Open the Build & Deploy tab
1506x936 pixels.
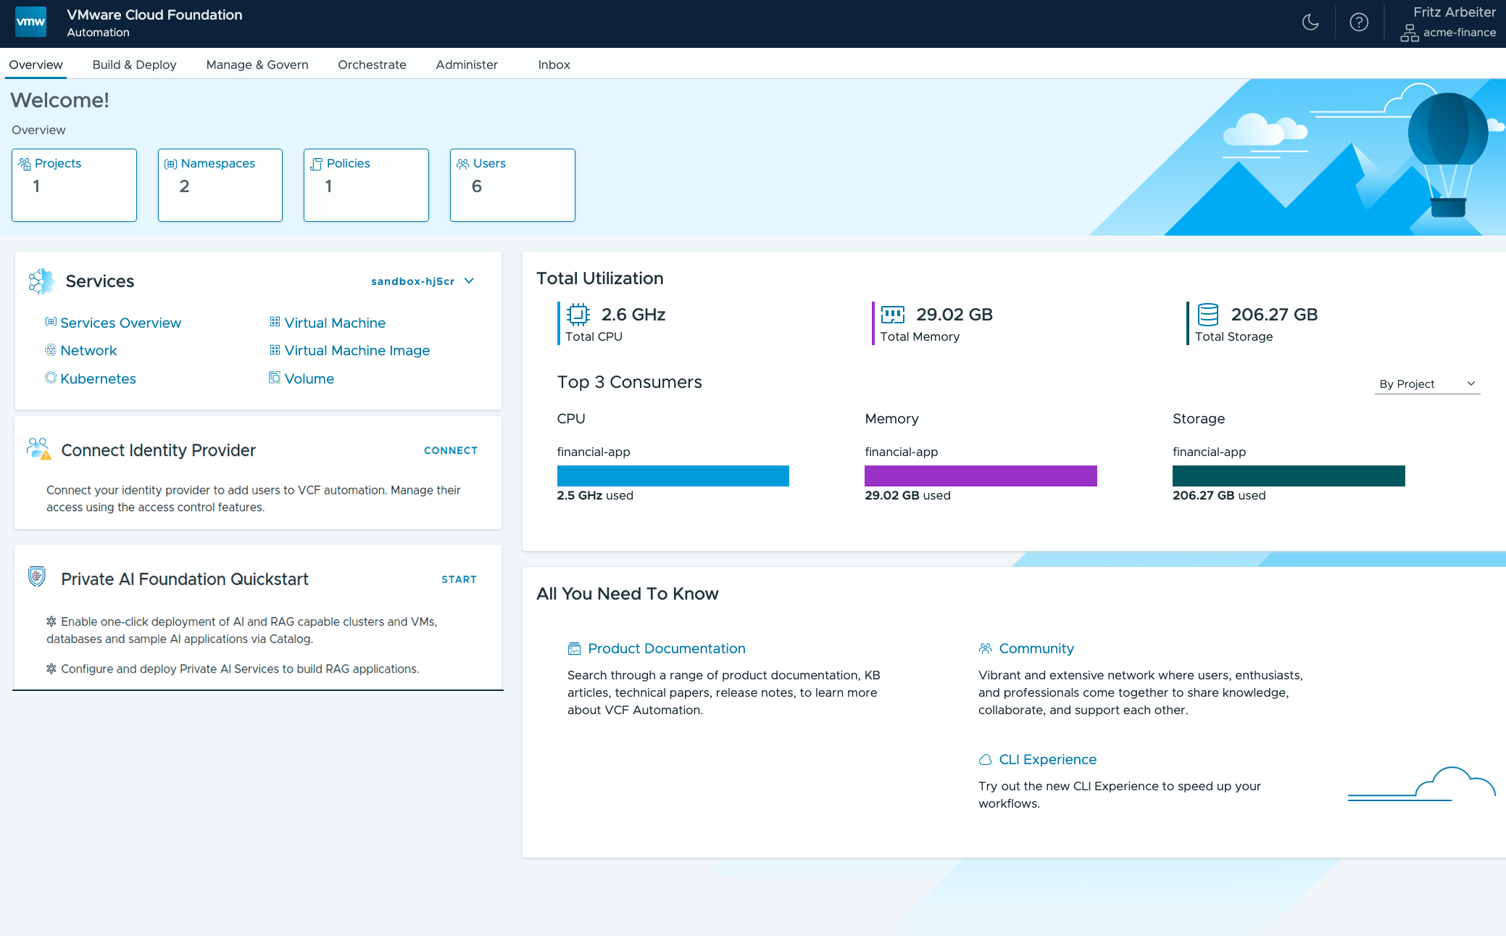[134, 65]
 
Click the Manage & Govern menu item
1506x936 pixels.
[257, 65]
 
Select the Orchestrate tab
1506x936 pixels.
[372, 65]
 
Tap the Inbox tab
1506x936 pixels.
[554, 65]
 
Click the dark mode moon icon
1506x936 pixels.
[1310, 22]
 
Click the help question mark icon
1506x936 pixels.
[1359, 22]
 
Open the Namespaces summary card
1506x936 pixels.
[220, 185]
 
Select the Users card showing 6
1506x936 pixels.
[512, 185]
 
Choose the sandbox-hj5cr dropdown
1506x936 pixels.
[423, 281]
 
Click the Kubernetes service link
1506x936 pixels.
[98, 378]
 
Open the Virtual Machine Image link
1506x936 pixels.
[357, 351]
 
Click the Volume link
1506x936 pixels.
[309, 378]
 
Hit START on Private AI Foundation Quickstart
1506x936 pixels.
[459, 579]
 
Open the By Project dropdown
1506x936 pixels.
[1426, 384]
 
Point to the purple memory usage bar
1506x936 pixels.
[981, 476]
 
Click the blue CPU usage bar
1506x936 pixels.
[673, 476]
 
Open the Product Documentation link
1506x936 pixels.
[666, 649]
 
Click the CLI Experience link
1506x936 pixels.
[1047, 760]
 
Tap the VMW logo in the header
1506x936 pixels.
[30, 22]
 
